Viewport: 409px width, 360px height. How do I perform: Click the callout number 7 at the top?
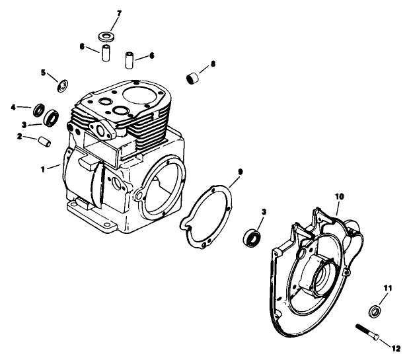[x=119, y=13]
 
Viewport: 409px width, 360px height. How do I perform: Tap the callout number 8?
[x=213, y=64]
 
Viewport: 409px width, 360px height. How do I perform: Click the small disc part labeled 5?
[x=64, y=85]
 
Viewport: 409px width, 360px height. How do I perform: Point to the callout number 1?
[x=43, y=169]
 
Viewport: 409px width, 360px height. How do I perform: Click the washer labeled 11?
[x=374, y=310]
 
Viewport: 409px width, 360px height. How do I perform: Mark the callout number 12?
[x=396, y=348]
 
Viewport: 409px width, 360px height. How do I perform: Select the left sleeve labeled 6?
[x=104, y=54]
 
